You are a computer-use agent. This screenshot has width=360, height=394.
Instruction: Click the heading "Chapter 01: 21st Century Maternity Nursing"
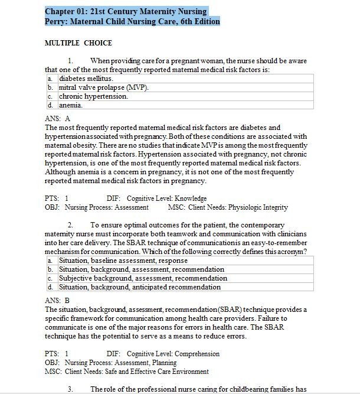tap(126, 11)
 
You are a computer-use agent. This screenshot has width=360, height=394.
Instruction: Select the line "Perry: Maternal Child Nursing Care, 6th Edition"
tap(132, 21)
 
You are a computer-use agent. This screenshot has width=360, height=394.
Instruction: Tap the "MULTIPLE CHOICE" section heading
tap(78, 43)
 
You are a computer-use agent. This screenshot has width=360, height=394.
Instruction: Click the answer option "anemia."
tap(71, 105)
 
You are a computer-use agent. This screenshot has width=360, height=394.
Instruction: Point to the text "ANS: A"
tap(57, 119)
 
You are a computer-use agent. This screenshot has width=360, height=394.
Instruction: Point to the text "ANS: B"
tap(57, 301)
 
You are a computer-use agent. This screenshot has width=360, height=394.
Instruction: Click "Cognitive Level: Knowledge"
tap(166, 198)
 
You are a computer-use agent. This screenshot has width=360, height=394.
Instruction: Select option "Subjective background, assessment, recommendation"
tap(143, 278)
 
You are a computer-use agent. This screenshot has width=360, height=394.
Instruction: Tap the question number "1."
tap(70, 61)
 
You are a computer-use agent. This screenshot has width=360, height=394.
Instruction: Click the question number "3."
tap(70, 389)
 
